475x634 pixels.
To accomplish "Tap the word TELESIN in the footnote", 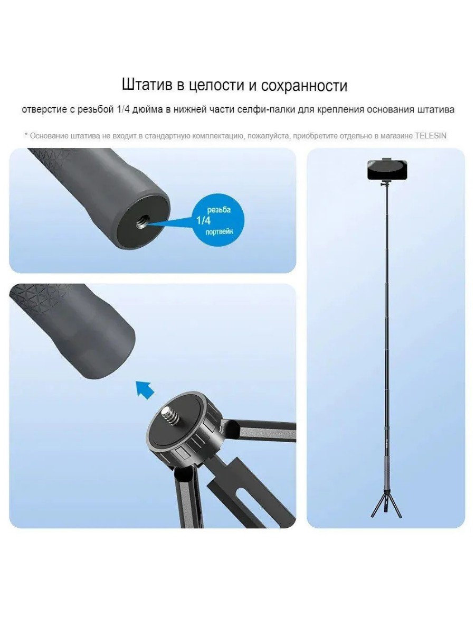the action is coord(430,135).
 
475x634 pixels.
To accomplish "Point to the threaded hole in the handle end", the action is coord(142,221).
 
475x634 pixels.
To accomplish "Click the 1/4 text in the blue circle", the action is coord(203,221).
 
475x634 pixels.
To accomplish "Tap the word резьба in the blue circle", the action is coord(219,210).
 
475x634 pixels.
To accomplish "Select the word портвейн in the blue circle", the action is coord(219,231).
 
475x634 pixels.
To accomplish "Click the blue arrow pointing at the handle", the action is coord(145,389).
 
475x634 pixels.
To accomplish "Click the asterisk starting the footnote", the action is coord(26,135).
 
